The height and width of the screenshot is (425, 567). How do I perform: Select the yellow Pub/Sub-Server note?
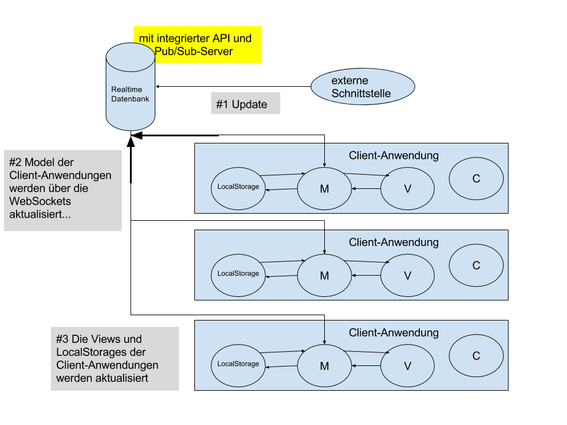pos(197,44)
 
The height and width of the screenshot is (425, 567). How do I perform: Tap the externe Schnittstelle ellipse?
pos(363,87)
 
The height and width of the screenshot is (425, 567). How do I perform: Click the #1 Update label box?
pos(245,104)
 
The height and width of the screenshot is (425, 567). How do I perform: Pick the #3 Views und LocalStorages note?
pos(115,358)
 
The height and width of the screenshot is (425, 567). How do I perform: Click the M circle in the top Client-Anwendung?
pos(324,188)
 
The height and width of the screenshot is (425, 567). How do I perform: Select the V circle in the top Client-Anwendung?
pos(407,188)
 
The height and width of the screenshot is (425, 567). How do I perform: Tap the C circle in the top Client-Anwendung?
pos(476,179)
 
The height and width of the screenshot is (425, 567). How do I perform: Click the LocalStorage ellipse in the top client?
pos(238,187)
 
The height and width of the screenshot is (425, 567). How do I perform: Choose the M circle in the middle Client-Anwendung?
pos(324,275)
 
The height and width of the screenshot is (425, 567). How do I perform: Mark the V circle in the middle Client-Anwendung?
pos(407,275)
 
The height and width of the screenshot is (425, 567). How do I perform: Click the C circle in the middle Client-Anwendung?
pos(476,266)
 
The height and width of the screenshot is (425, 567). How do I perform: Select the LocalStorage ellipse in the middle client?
pos(238,273)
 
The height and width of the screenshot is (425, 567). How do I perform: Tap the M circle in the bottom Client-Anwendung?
pos(324,366)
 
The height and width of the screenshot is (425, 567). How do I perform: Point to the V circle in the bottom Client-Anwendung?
pos(407,366)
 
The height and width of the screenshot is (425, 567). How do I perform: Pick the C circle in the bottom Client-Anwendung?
pos(476,356)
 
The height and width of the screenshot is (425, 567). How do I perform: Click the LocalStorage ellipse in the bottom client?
pos(238,364)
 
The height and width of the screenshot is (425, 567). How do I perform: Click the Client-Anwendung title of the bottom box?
pos(394,333)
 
